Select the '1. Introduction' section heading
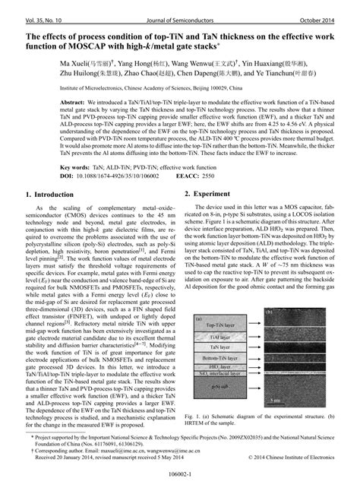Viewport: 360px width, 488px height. coord(43,195)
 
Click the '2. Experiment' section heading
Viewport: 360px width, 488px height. coord(212,195)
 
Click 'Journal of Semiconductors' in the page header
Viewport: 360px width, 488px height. coord(179,8)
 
